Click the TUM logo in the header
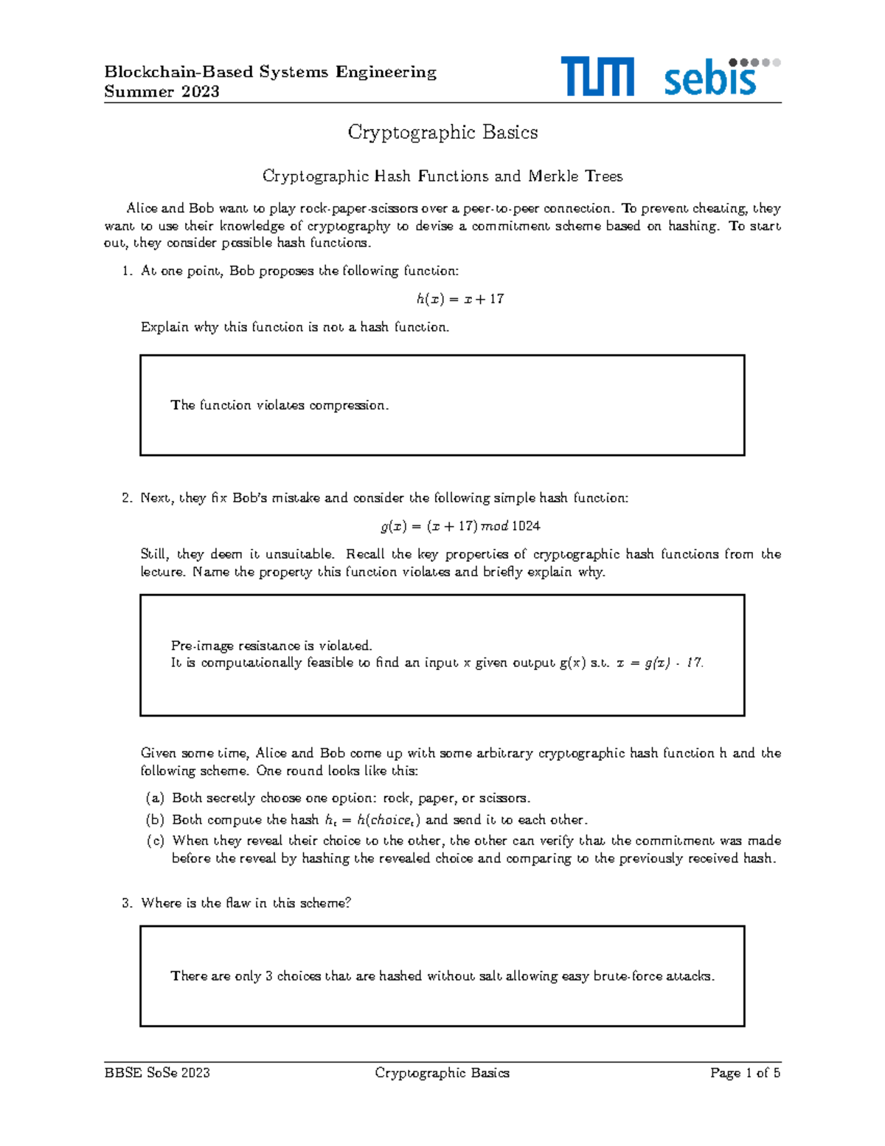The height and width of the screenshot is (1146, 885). coord(597,77)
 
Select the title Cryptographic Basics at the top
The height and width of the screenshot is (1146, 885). coord(442,132)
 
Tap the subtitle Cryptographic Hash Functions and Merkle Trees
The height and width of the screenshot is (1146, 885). coord(442,176)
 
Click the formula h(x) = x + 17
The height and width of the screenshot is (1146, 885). coord(459,299)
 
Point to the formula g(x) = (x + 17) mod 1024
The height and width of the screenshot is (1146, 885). coord(460,526)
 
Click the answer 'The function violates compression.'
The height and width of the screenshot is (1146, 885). coord(279,405)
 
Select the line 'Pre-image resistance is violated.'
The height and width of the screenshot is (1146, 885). coord(271,646)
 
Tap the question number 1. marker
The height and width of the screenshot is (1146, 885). coord(127,271)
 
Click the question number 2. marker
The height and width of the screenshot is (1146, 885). coord(127,498)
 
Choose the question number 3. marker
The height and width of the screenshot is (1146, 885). coord(127,903)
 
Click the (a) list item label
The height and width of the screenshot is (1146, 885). coord(155,798)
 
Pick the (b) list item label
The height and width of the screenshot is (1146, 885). coord(155,820)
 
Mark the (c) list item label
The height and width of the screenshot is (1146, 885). coord(155,841)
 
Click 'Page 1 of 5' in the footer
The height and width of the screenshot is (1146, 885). coord(745,1073)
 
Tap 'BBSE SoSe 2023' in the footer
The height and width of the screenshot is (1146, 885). coord(157,1073)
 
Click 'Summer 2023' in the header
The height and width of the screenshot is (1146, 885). coord(162,92)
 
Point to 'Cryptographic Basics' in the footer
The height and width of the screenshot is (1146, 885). coord(442,1073)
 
